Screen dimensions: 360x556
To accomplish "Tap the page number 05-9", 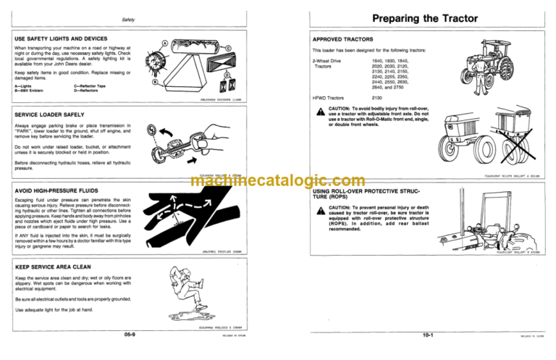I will pos(131,335).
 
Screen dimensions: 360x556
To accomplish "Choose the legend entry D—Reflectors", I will pos(90,91).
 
